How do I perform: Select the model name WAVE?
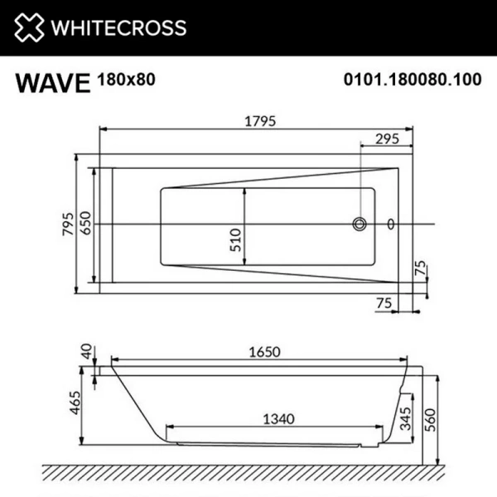(x=51, y=84)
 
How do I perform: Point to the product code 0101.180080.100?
(x=412, y=80)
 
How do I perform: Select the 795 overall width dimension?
(x=70, y=224)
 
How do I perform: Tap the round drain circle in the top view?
(x=360, y=224)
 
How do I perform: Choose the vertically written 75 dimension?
(x=421, y=268)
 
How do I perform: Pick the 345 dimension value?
(x=405, y=419)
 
